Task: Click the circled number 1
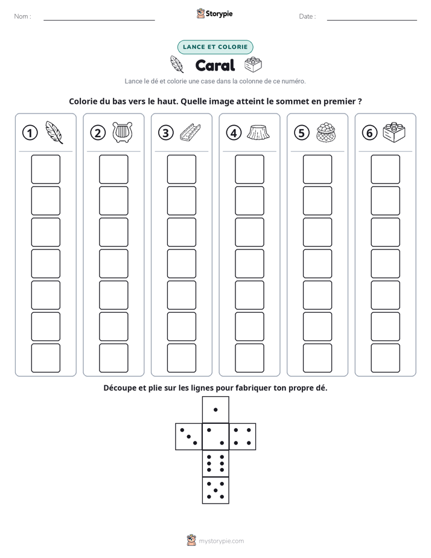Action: [30, 133]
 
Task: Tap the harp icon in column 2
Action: [123, 132]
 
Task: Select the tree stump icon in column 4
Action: [258, 132]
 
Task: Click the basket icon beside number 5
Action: [326, 132]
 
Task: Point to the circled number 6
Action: [369, 133]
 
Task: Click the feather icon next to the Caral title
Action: [176, 65]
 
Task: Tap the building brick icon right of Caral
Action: [253, 65]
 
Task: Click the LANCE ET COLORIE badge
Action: [215, 47]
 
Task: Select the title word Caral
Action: [215, 65]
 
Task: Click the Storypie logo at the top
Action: [215, 13]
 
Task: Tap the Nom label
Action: [22, 16]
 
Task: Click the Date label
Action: [307, 16]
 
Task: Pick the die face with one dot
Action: [215, 409]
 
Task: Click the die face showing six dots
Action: [215, 463]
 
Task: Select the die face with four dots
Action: [243, 437]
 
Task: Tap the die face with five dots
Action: [215, 490]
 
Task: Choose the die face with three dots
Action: [189, 437]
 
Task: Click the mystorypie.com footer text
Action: [221, 541]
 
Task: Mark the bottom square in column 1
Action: [45, 358]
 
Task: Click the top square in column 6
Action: [386, 169]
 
